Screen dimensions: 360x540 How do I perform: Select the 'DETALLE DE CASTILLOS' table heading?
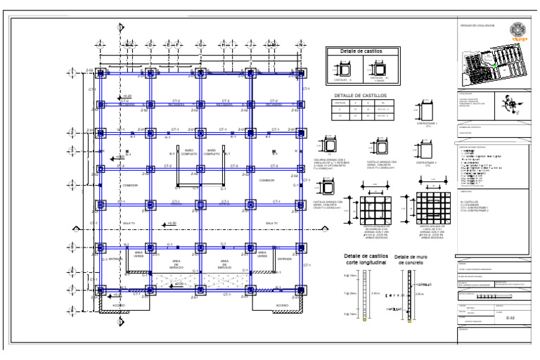pos(361,95)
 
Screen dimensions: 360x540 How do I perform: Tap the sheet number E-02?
pos(511,318)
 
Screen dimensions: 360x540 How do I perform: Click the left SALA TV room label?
pos(129,222)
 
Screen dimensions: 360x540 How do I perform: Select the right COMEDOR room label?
pos(266,181)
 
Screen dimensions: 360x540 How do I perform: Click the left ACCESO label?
pos(119,305)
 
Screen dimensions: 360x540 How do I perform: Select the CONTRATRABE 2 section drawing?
pos(427,149)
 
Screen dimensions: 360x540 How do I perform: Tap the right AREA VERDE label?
pos(262,255)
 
